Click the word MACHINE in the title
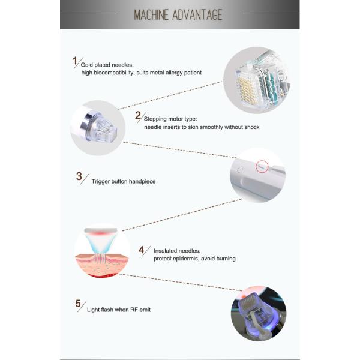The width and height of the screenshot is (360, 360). pyautogui.click(x=151, y=15)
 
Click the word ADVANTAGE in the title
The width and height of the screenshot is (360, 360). pyautogui.click(x=197, y=15)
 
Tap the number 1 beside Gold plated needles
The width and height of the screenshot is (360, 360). pyautogui.click(x=75, y=61)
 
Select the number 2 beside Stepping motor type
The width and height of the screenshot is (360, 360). pyautogui.click(x=138, y=115)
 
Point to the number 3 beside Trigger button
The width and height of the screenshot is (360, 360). pyautogui.click(x=79, y=176)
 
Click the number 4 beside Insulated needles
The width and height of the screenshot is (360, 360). pyautogui.click(x=141, y=250)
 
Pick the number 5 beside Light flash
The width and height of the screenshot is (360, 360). pyautogui.click(x=78, y=304)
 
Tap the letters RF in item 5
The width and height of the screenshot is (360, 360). pyautogui.click(x=134, y=310)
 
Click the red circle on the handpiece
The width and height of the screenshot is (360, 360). pyautogui.click(x=262, y=166)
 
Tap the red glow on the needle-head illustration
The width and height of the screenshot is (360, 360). pyautogui.click(x=101, y=233)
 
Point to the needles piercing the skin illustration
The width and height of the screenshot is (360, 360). pyautogui.click(x=101, y=257)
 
